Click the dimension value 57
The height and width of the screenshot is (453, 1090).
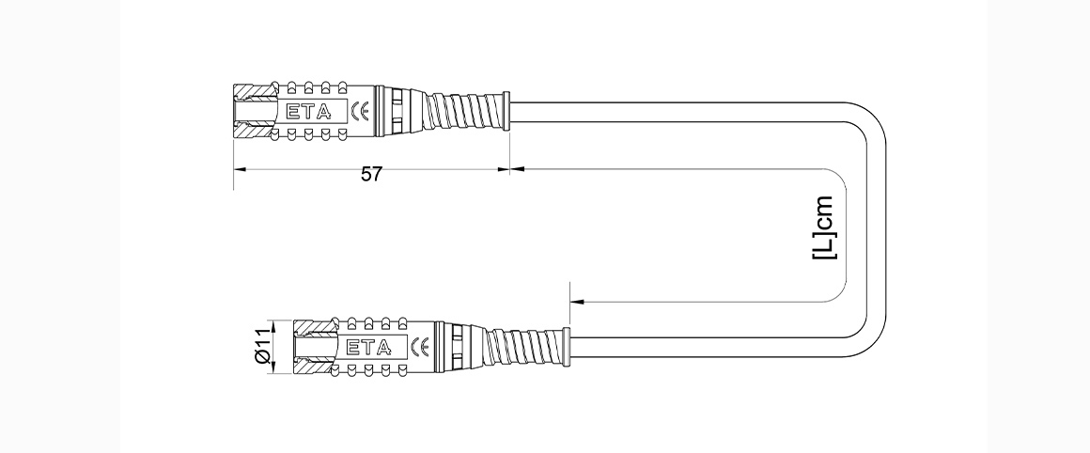[x=372, y=175]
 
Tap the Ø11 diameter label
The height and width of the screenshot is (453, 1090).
[x=262, y=346]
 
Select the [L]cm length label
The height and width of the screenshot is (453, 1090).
[x=824, y=227]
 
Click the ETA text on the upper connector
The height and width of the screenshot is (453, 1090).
[x=309, y=111]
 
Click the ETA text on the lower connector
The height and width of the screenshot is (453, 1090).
[x=369, y=347]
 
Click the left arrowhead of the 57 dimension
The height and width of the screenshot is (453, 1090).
[x=241, y=169]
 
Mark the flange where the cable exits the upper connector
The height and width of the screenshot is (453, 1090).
[x=506, y=111]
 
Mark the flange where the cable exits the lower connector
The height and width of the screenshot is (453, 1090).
[x=567, y=347]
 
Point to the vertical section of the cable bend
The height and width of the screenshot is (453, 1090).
[x=876, y=229]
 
